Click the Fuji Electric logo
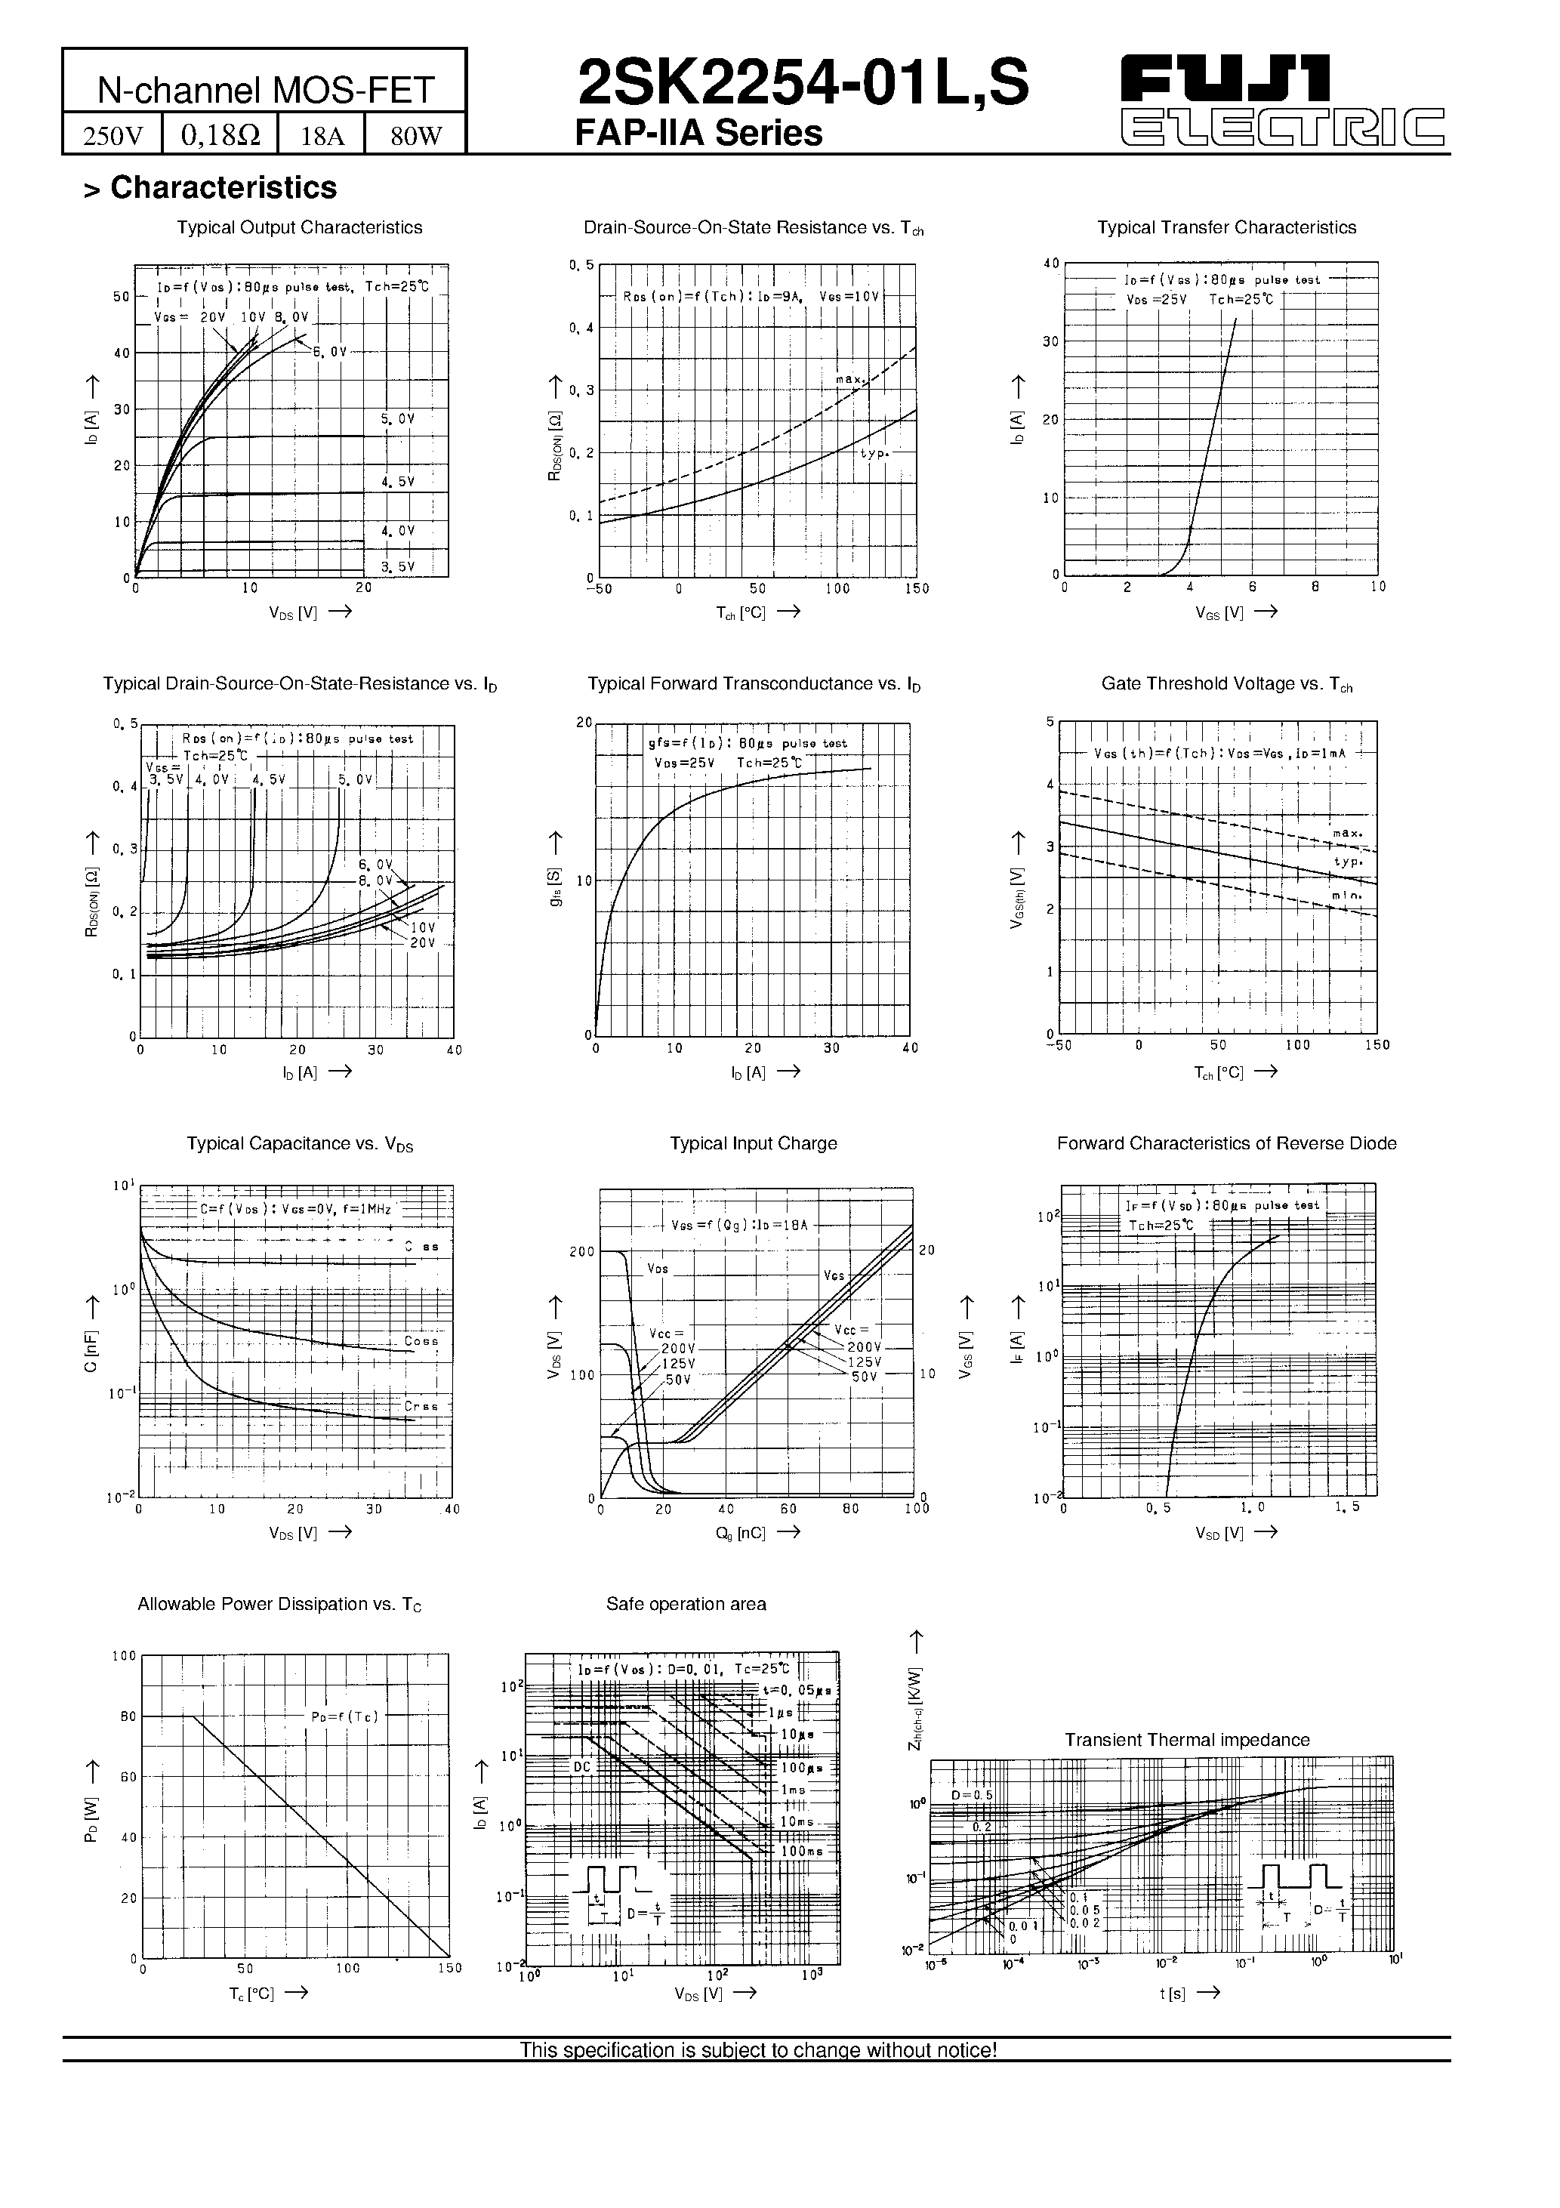point(1283,99)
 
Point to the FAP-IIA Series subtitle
point(698,133)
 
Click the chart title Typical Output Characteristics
point(299,228)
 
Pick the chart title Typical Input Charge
point(753,1143)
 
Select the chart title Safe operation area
point(686,1604)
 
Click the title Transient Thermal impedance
point(1187,1740)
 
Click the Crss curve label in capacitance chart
point(421,1406)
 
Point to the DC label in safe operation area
point(582,1768)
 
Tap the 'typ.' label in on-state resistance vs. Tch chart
point(874,453)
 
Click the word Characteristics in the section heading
point(224,187)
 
